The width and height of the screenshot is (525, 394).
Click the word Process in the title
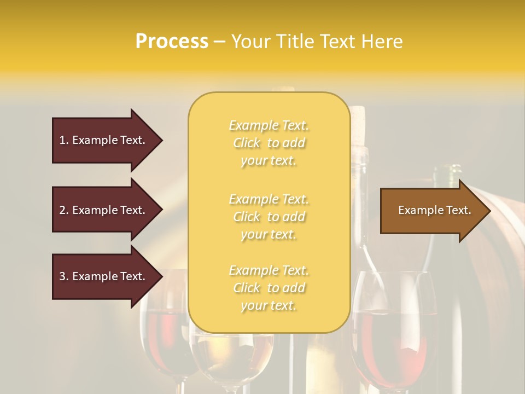coord(172,42)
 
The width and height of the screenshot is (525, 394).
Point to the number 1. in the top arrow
coord(64,140)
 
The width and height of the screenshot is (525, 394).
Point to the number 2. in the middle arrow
coord(64,210)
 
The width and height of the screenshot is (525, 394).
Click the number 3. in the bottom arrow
coord(64,276)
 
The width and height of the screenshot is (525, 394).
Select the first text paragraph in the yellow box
coord(269,143)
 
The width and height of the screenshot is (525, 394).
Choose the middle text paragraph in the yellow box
coord(269,217)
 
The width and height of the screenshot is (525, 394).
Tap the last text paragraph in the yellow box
coord(269,288)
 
